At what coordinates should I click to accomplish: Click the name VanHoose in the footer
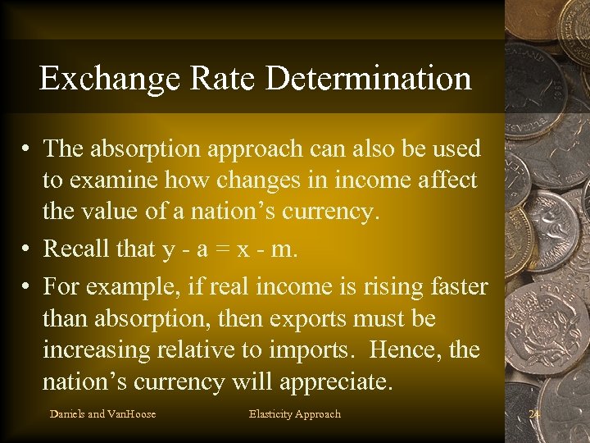click(x=132, y=413)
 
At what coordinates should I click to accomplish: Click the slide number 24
click(x=535, y=413)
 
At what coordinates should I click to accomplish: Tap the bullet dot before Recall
click(x=28, y=248)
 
